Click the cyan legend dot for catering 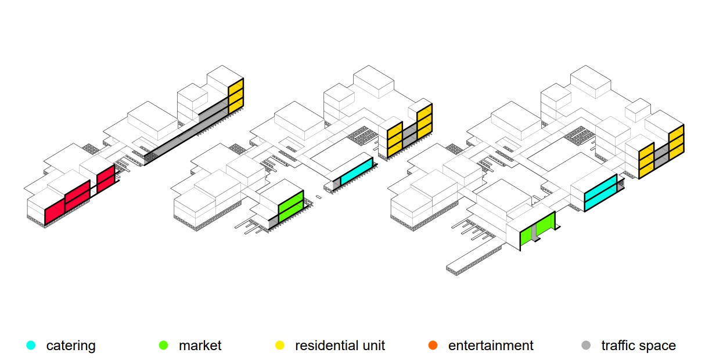click(31, 345)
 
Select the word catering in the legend click(71, 346)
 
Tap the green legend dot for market click(164, 345)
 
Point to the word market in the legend click(200, 346)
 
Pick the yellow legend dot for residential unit click(280, 345)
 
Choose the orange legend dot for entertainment click(432, 345)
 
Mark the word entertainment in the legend click(491, 346)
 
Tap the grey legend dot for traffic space click(586, 345)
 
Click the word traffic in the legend click(620, 346)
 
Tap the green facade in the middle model click(290, 206)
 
